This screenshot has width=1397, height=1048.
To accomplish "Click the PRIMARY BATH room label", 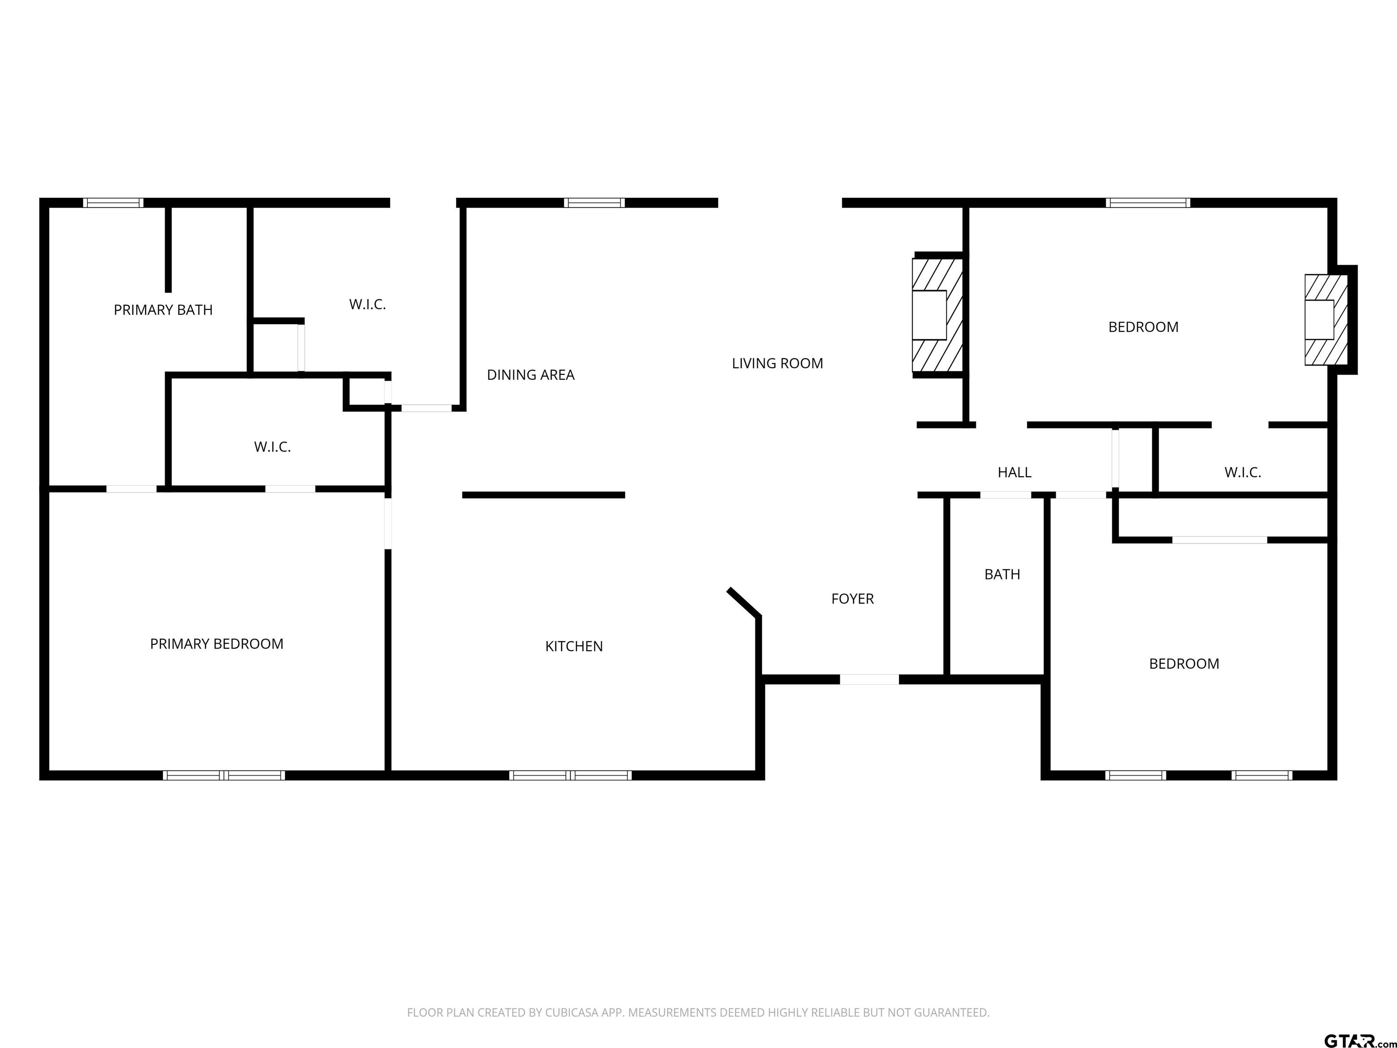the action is [163, 310].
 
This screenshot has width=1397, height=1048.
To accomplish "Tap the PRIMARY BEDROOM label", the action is [216, 644].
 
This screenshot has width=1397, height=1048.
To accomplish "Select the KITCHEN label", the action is [574, 646].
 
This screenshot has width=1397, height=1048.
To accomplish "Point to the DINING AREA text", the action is [531, 375].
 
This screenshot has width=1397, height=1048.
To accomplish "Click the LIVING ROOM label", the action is [778, 363].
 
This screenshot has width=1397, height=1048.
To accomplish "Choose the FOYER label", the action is [853, 599].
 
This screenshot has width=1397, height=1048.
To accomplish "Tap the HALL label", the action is [1014, 473].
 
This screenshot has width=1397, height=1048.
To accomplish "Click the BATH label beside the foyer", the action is [1002, 574].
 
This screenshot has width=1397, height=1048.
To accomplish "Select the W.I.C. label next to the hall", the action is [1242, 473].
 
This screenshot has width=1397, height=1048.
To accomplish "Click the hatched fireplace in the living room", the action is [938, 315].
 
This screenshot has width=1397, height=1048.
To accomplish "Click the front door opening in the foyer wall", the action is [869, 680].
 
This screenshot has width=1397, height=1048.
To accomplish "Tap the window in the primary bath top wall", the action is [114, 203].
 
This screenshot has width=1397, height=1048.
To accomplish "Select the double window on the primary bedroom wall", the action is [224, 775].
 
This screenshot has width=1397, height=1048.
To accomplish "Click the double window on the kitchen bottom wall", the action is [570, 775].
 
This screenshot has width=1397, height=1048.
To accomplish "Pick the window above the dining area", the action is [594, 203].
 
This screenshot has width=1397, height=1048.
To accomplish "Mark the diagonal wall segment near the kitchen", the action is [744, 602].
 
